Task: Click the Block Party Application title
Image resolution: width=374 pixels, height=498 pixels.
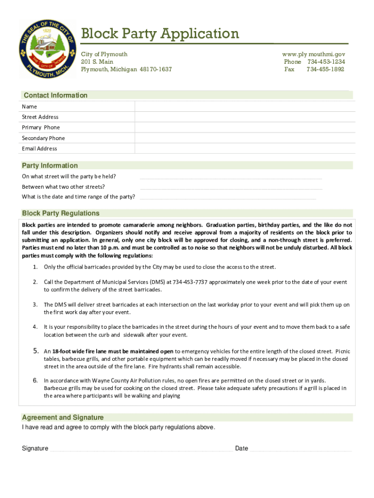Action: [x=160, y=34]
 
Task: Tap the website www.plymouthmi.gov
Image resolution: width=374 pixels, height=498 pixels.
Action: [x=313, y=54]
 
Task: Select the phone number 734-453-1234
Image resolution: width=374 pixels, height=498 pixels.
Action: [x=326, y=62]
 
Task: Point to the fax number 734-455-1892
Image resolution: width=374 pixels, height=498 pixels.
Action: [x=325, y=70]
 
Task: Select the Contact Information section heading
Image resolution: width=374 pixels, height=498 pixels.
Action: [x=55, y=95]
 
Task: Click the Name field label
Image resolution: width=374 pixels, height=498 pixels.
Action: [x=29, y=107]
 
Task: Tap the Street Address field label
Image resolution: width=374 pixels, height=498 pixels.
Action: [x=40, y=117]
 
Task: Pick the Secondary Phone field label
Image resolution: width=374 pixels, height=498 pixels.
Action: [x=43, y=138]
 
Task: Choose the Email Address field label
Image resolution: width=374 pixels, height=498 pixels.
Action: [x=39, y=148]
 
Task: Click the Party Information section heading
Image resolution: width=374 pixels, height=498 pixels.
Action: [x=50, y=165]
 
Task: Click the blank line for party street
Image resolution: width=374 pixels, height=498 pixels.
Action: [x=231, y=178]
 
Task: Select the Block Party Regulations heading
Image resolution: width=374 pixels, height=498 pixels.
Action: [x=61, y=213]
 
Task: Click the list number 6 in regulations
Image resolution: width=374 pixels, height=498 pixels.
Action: [x=35, y=380]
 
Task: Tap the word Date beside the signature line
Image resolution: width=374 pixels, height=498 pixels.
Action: [x=241, y=448]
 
